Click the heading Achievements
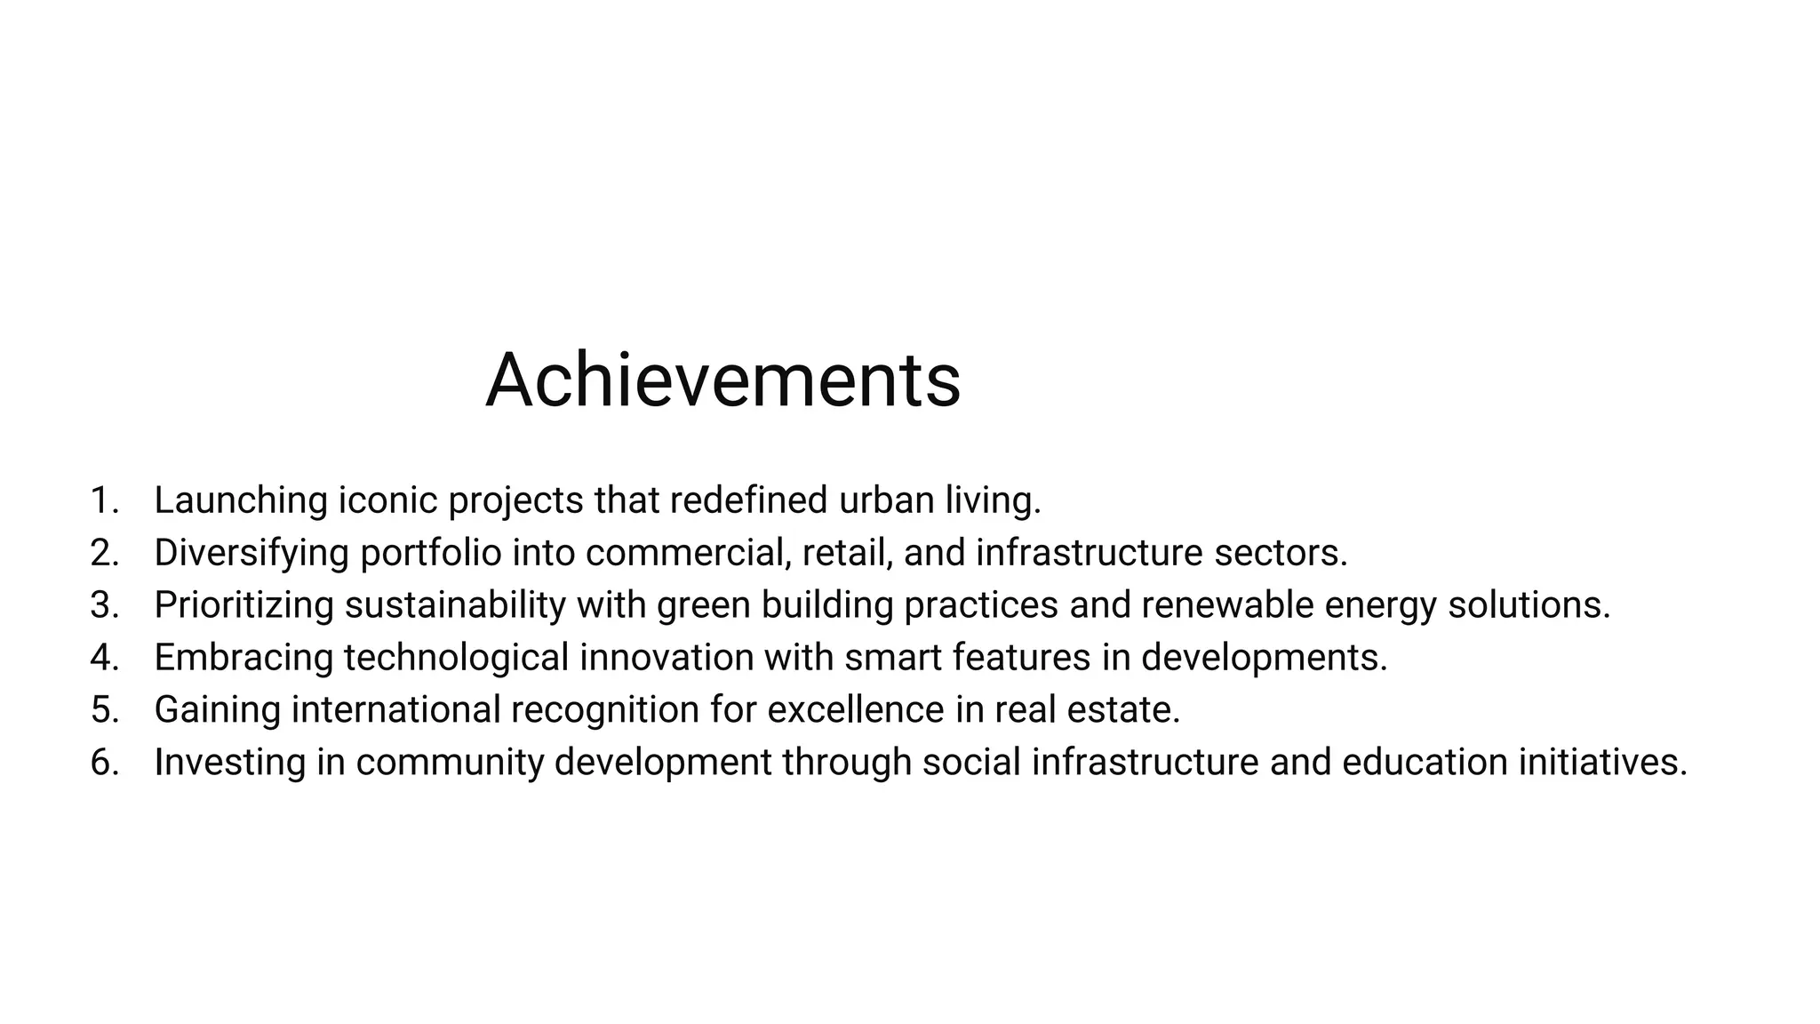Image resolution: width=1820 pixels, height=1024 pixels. coord(722,380)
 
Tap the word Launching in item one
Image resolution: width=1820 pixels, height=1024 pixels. coord(241,500)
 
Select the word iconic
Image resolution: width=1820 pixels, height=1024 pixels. coord(387,500)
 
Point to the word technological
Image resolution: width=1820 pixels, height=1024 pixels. coord(456,658)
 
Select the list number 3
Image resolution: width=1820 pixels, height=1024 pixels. coord(103,605)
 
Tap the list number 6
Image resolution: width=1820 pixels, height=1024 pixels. coord(103,763)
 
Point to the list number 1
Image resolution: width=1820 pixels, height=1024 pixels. coord(103,500)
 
